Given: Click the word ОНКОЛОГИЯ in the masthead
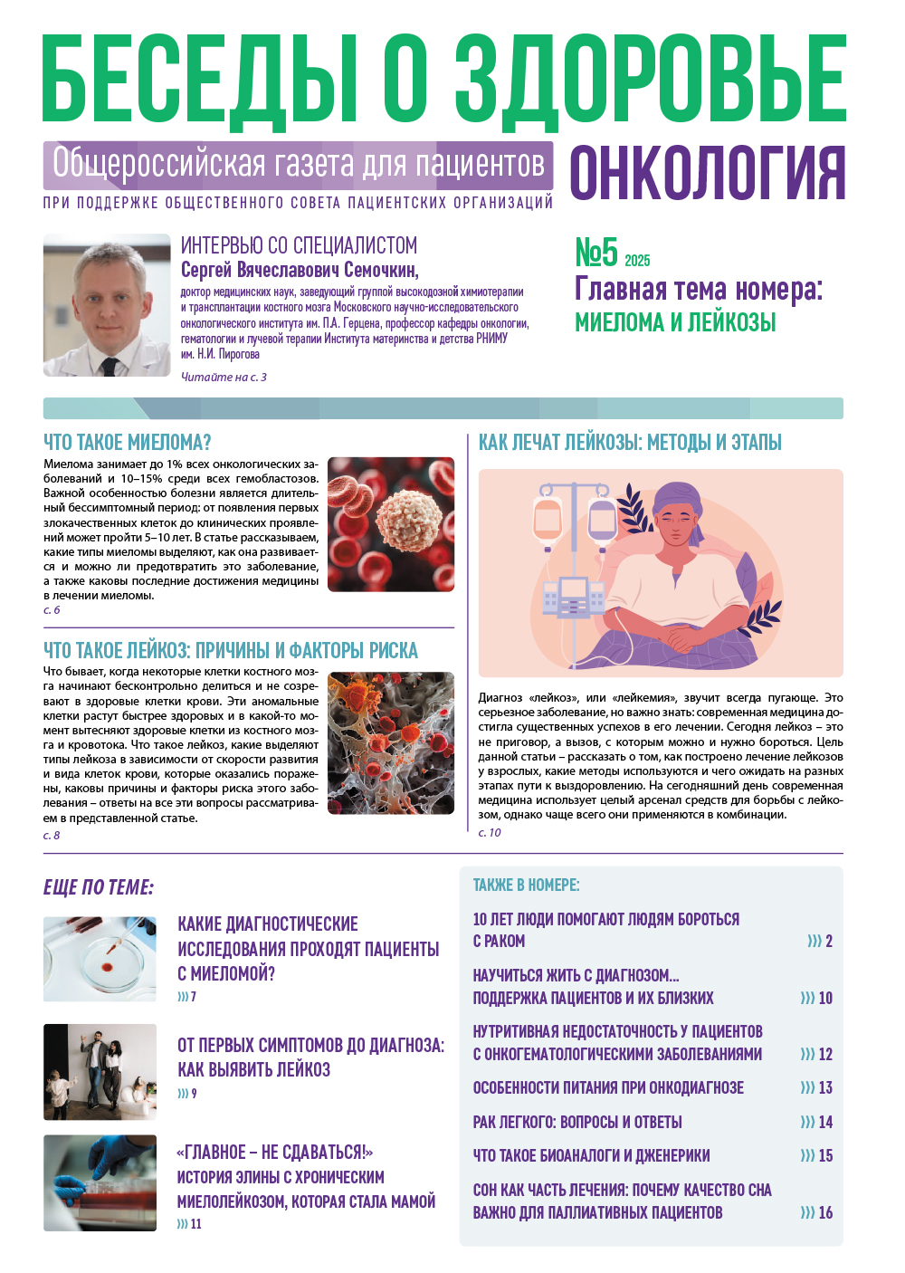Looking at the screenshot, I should click(707, 172).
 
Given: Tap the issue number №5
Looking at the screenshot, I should click(596, 253).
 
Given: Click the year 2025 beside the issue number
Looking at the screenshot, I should click(637, 261).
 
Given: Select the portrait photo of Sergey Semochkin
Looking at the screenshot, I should click(107, 305).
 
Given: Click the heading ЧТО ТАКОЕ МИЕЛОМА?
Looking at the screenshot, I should click(128, 443).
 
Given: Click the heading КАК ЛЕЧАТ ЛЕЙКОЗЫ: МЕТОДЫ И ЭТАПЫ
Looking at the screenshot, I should click(630, 443).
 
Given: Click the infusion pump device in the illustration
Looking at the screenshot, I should click(573, 598).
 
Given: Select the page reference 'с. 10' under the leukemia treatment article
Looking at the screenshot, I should click(490, 833).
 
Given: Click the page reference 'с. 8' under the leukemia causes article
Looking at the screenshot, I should click(52, 836).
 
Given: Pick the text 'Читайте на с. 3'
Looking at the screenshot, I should click(224, 378).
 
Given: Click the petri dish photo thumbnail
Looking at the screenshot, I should click(100, 959).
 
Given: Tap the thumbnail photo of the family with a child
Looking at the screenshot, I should click(100, 1072).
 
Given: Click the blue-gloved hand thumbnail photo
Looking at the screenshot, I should click(100, 1182).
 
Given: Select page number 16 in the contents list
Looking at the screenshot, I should click(825, 1213).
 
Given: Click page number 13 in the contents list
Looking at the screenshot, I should click(825, 1088).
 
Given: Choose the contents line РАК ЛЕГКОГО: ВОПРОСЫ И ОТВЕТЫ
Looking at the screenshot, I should click(577, 1123).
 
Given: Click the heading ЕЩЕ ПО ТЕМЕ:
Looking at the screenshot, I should click(99, 887).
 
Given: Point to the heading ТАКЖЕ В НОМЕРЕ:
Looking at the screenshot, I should click(526, 885).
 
